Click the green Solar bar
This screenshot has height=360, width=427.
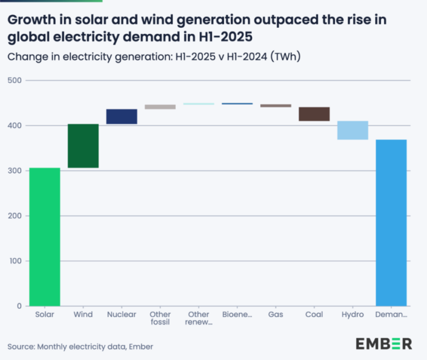(45, 237)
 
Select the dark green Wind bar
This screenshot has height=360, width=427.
(83, 146)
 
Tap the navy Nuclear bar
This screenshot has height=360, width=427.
(122, 117)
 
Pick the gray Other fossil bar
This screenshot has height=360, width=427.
(160, 107)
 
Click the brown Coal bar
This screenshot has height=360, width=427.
(314, 114)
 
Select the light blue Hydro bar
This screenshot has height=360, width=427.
(352, 131)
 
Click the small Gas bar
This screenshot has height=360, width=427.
(276, 106)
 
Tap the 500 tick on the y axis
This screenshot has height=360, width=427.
(14, 81)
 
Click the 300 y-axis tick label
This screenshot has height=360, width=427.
(14, 171)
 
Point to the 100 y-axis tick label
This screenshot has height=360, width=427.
(14, 261)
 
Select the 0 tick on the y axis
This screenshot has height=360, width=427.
(19, 306)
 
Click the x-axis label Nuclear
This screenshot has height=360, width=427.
(122, 315)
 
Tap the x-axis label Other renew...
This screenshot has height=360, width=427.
(198, 318)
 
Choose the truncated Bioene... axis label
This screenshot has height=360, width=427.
(237, 315)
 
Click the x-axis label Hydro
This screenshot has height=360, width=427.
(352, 315)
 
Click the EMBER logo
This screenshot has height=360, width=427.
(383, 343)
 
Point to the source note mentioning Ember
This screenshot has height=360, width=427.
(80, 347)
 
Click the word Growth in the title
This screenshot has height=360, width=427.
(30, 20)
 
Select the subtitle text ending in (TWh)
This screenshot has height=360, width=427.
(154, 57)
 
